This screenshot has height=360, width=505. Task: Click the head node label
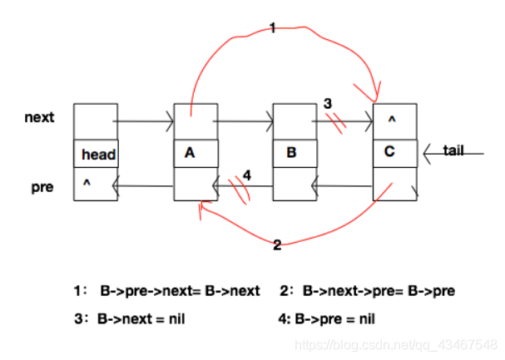pyautogui.click(x=98, y=155)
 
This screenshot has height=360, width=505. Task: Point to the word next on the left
pyautogui.click(x=39, y=117)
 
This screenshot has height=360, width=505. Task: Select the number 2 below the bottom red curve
pyautogui.click(x=276, y=244)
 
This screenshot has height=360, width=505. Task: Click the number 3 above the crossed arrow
pyautogui.click(x=329, y=103)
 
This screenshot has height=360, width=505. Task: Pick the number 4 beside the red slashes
pyautogui.click(x=246, y=175)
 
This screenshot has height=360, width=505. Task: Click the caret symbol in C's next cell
pyautogui.click(x=391, y=119)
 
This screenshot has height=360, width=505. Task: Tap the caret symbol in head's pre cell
pyautogui.click(x=85, y=179)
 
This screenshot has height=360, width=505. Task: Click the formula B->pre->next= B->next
pyautogui.click(x=180, y=291)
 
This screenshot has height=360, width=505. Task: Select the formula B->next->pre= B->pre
pyautogui.click(x=378, y=291)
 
